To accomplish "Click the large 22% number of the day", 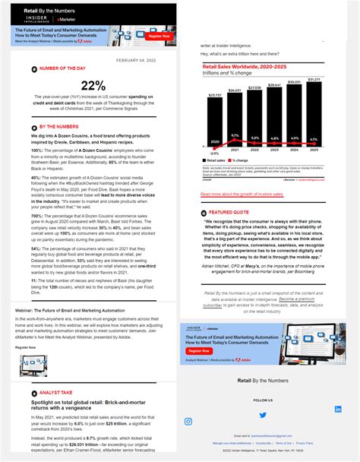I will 93,86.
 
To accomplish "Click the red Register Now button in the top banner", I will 159,36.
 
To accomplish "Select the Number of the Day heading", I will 63,68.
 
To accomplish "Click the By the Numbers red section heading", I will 58,127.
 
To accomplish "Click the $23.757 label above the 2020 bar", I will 215,95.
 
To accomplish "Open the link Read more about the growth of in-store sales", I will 242,195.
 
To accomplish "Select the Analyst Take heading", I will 55,393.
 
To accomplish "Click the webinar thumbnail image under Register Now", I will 33,365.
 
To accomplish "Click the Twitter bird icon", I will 263,415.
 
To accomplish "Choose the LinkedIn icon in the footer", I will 338,409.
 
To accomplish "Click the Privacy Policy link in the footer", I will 304,443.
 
